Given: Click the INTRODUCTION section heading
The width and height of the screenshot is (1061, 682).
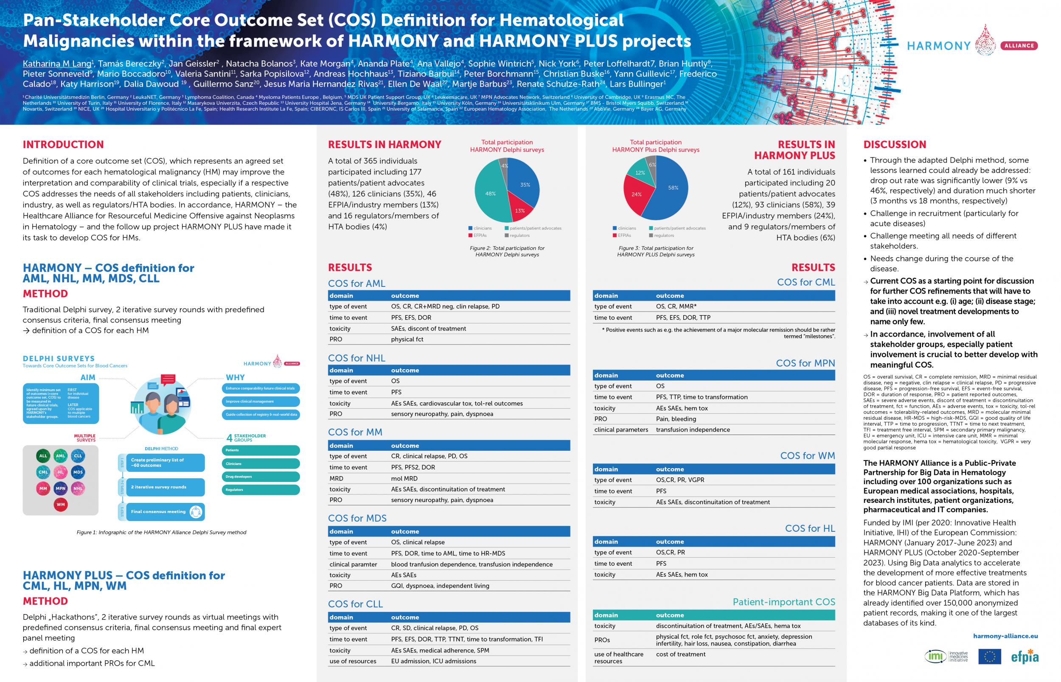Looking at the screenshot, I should (x=63, y=144).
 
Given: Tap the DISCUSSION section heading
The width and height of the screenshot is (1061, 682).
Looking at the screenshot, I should (x=895, y=144).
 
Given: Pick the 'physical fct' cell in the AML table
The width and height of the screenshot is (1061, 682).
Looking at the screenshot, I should (x=407, y=339).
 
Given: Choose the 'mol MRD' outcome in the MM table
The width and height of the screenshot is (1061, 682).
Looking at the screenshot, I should (x=404, y=478).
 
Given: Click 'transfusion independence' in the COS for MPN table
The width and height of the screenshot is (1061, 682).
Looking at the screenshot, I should (x=693, y=429).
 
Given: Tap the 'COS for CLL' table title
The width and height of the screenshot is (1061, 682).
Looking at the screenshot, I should (x=355, y=604).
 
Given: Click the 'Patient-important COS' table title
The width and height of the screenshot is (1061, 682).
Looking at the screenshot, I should (x=784, y=602).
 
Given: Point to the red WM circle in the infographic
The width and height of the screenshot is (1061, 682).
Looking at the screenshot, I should (x=61, y=505).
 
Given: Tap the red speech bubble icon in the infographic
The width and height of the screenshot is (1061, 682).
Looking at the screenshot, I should (x=168, y=379).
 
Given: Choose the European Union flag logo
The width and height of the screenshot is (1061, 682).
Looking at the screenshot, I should (x=990, y=656).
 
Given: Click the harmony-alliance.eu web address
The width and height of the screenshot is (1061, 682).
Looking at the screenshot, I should (x=1005, y=636).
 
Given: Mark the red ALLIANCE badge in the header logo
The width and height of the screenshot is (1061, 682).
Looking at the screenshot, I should (x=1019, y=45).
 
